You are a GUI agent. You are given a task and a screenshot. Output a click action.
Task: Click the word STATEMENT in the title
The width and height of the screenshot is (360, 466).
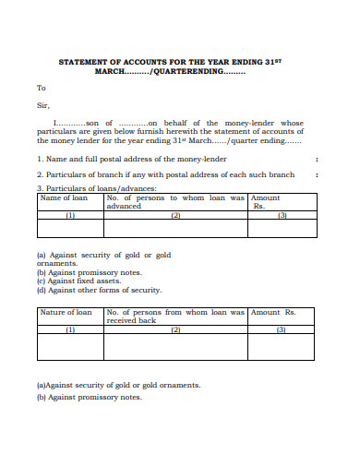click(x=84, y=61)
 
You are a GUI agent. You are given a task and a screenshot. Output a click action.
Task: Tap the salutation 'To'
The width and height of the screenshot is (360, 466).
click(x=41, y=89)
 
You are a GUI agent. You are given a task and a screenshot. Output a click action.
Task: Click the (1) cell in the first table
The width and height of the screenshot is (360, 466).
click(x=69, y=215)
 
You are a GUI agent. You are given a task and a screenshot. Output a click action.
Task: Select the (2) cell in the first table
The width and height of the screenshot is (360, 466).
click(x=175, y=215)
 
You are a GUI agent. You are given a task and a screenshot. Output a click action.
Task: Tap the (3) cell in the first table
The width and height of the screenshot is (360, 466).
click(x=282, y=215)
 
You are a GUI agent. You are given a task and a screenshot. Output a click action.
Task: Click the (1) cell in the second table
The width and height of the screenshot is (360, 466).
click(x=69, y=329)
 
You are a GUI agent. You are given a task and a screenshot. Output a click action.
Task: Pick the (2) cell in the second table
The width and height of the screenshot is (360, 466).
click(x=175, y=329)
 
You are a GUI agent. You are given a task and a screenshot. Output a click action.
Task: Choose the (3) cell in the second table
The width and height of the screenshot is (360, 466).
click(x=282, y=329)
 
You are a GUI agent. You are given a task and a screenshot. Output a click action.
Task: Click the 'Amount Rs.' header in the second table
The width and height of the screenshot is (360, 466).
click(x=280, y=313)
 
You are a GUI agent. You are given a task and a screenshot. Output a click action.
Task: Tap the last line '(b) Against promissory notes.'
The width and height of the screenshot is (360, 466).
click(x=89, y=397)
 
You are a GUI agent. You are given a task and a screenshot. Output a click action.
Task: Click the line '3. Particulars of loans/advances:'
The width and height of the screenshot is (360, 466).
click(x=96, y=188)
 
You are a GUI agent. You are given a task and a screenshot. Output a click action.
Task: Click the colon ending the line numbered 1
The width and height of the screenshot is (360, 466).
click(x=317, y=160)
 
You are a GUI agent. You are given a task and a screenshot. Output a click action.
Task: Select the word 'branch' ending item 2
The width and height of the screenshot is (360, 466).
click(x=281, y=174)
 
